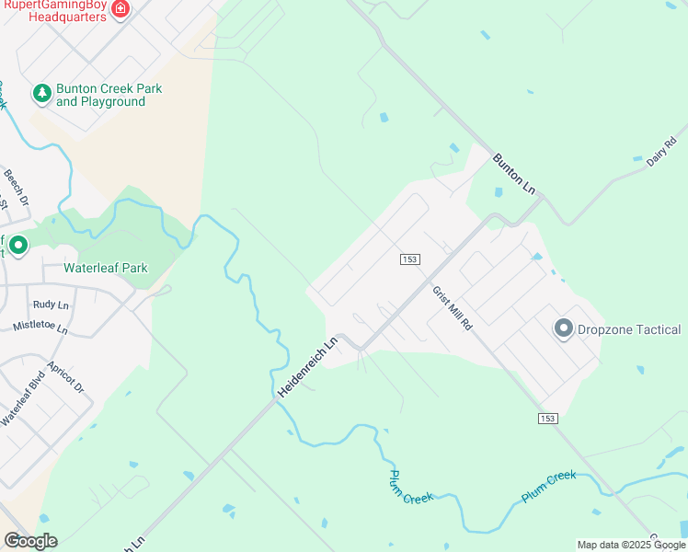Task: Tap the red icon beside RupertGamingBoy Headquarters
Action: click(x=120, y=8)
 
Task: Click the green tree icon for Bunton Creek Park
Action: click(x=41, y=94)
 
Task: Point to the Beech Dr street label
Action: click(x=17, y=187)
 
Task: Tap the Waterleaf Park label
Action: click(x=105, y=269)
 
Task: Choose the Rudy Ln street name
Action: click(x=51, y=305)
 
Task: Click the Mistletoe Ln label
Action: click(x=40, y=327)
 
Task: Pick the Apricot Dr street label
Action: click(x=65, y=376)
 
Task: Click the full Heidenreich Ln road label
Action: click(x=309, y=366)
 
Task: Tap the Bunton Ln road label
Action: click(x=513, y=173)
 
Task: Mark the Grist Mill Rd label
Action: click(x=453, y=308)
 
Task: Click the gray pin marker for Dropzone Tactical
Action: click(x=563, y=328)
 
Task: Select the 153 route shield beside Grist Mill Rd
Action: click(x=409, y=259)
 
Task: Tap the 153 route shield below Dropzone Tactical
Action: click(x=547, y=419)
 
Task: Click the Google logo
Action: click(x=29, y=540)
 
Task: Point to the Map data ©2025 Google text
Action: click(x=631, y=545)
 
